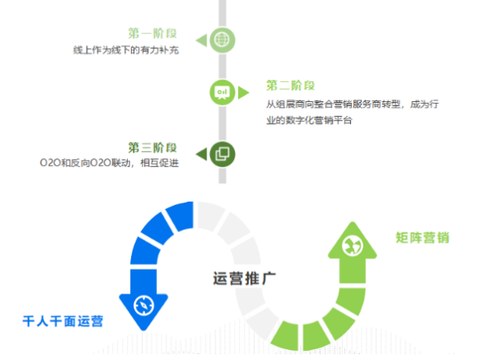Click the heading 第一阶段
pos(153,33)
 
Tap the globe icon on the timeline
pos(222,40)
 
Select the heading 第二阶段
pos(290,85)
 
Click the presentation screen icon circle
pos(222,92)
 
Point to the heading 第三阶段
pos(153,148)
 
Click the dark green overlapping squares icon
pos(222,154)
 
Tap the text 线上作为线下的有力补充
pos(126,50)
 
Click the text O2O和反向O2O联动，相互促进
pos(110,163)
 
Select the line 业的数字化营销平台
pos(309,120)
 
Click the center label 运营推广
pos(245,279)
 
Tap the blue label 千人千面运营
pos(63,321)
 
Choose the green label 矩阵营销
pos(422,237)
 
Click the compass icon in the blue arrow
pos(144,305)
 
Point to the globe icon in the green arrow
pos(353,246)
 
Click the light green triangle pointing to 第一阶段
pos(202,41)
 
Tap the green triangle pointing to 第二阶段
pos(243,93)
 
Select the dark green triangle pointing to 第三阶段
pos(202,154)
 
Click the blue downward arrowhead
pos(144,310)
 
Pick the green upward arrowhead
pos(353,241)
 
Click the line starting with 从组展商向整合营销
pos(353,105)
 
